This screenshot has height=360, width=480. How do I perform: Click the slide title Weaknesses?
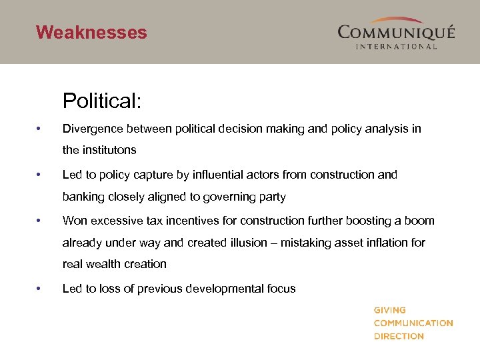(91, 32)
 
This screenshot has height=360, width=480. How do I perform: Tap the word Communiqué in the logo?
(396, 32)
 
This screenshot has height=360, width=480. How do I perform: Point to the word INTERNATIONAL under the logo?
(396, 47)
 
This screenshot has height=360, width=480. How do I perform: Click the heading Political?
(102, 101)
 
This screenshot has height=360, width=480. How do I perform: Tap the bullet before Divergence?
(40, 129)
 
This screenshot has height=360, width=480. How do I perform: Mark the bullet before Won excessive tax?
(40, 221)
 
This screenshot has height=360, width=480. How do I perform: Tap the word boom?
(420, 221)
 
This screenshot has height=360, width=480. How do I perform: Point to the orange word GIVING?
(389, 310)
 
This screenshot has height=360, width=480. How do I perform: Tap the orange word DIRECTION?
(399, 336)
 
